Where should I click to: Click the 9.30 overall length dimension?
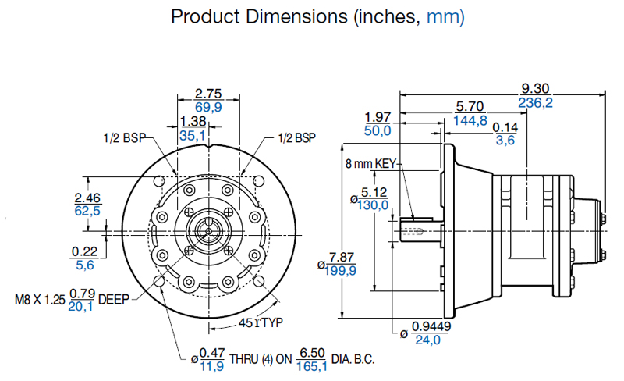tap(535, 88)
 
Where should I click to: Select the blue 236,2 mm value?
tap(535, 103)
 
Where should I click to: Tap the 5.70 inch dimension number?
tap(470, 106)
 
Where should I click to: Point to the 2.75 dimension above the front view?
tap(208, 94)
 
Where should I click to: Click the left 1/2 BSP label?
tap(125, 138)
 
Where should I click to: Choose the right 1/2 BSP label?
tap(297, 138)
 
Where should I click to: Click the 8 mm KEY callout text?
tap(371, 163)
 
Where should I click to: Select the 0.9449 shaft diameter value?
tap(431, 326)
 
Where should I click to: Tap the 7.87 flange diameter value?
tap(341, 258)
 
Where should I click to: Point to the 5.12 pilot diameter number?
tap(374, 193)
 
